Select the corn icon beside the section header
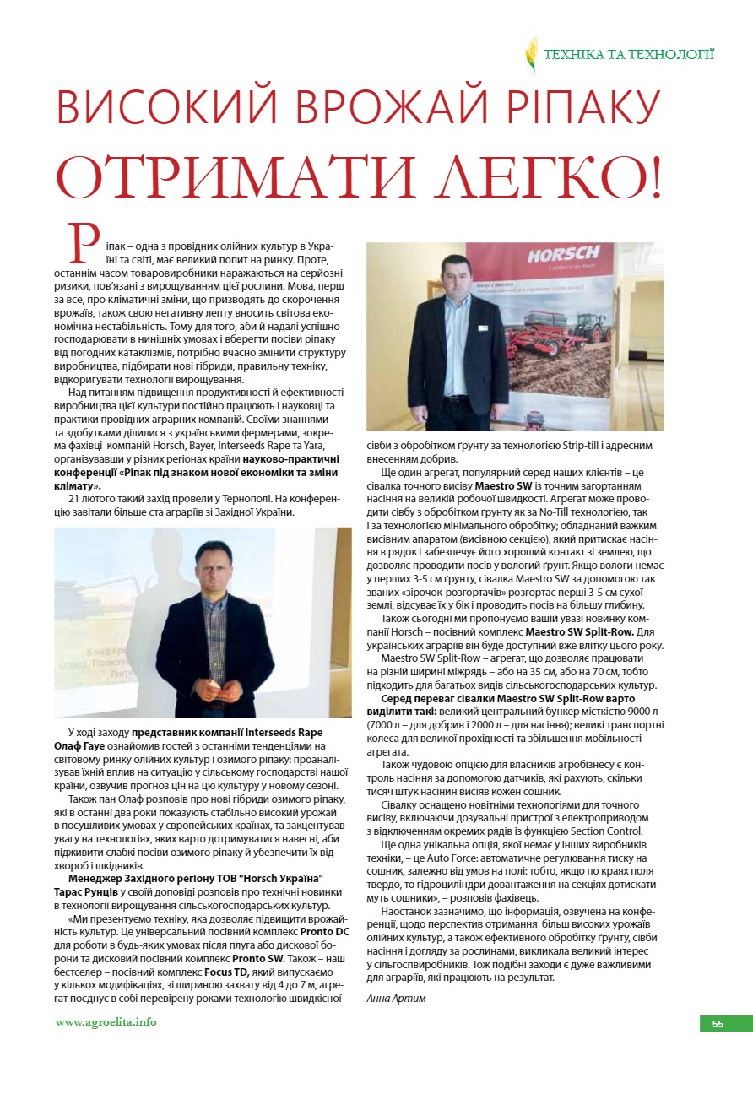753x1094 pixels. point(531,55)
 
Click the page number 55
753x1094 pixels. point(718,1024)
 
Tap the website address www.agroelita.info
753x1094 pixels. point(106,1022)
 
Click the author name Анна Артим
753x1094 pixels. point(397,998)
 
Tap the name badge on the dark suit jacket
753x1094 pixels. point(482,328)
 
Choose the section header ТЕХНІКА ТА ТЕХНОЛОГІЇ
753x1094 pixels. point(629,55)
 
